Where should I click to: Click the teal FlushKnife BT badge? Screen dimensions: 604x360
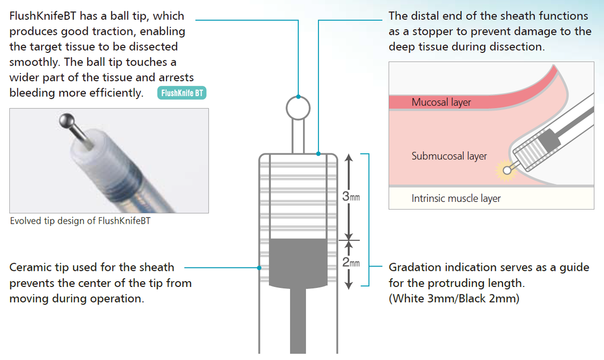point(182,93)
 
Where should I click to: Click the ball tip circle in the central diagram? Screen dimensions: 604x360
point(298,108)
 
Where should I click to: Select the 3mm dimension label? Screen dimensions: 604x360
point(351,196)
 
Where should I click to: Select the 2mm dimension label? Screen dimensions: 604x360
point(351,262)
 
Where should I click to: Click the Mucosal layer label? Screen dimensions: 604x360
point(441,102)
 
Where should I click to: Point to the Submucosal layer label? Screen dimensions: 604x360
point(449,156)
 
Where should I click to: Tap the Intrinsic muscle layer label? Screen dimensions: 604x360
point(456,199)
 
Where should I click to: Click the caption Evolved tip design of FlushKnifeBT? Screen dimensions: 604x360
point(80,221)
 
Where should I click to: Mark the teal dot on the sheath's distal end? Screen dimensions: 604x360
point(319,154)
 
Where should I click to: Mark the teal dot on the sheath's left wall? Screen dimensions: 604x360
point(259,268)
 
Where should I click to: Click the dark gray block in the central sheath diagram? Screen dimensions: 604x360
point(298,263)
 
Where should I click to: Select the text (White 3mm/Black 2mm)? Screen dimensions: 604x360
point(454,299)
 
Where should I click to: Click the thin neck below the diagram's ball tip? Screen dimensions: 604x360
point(298,136)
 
